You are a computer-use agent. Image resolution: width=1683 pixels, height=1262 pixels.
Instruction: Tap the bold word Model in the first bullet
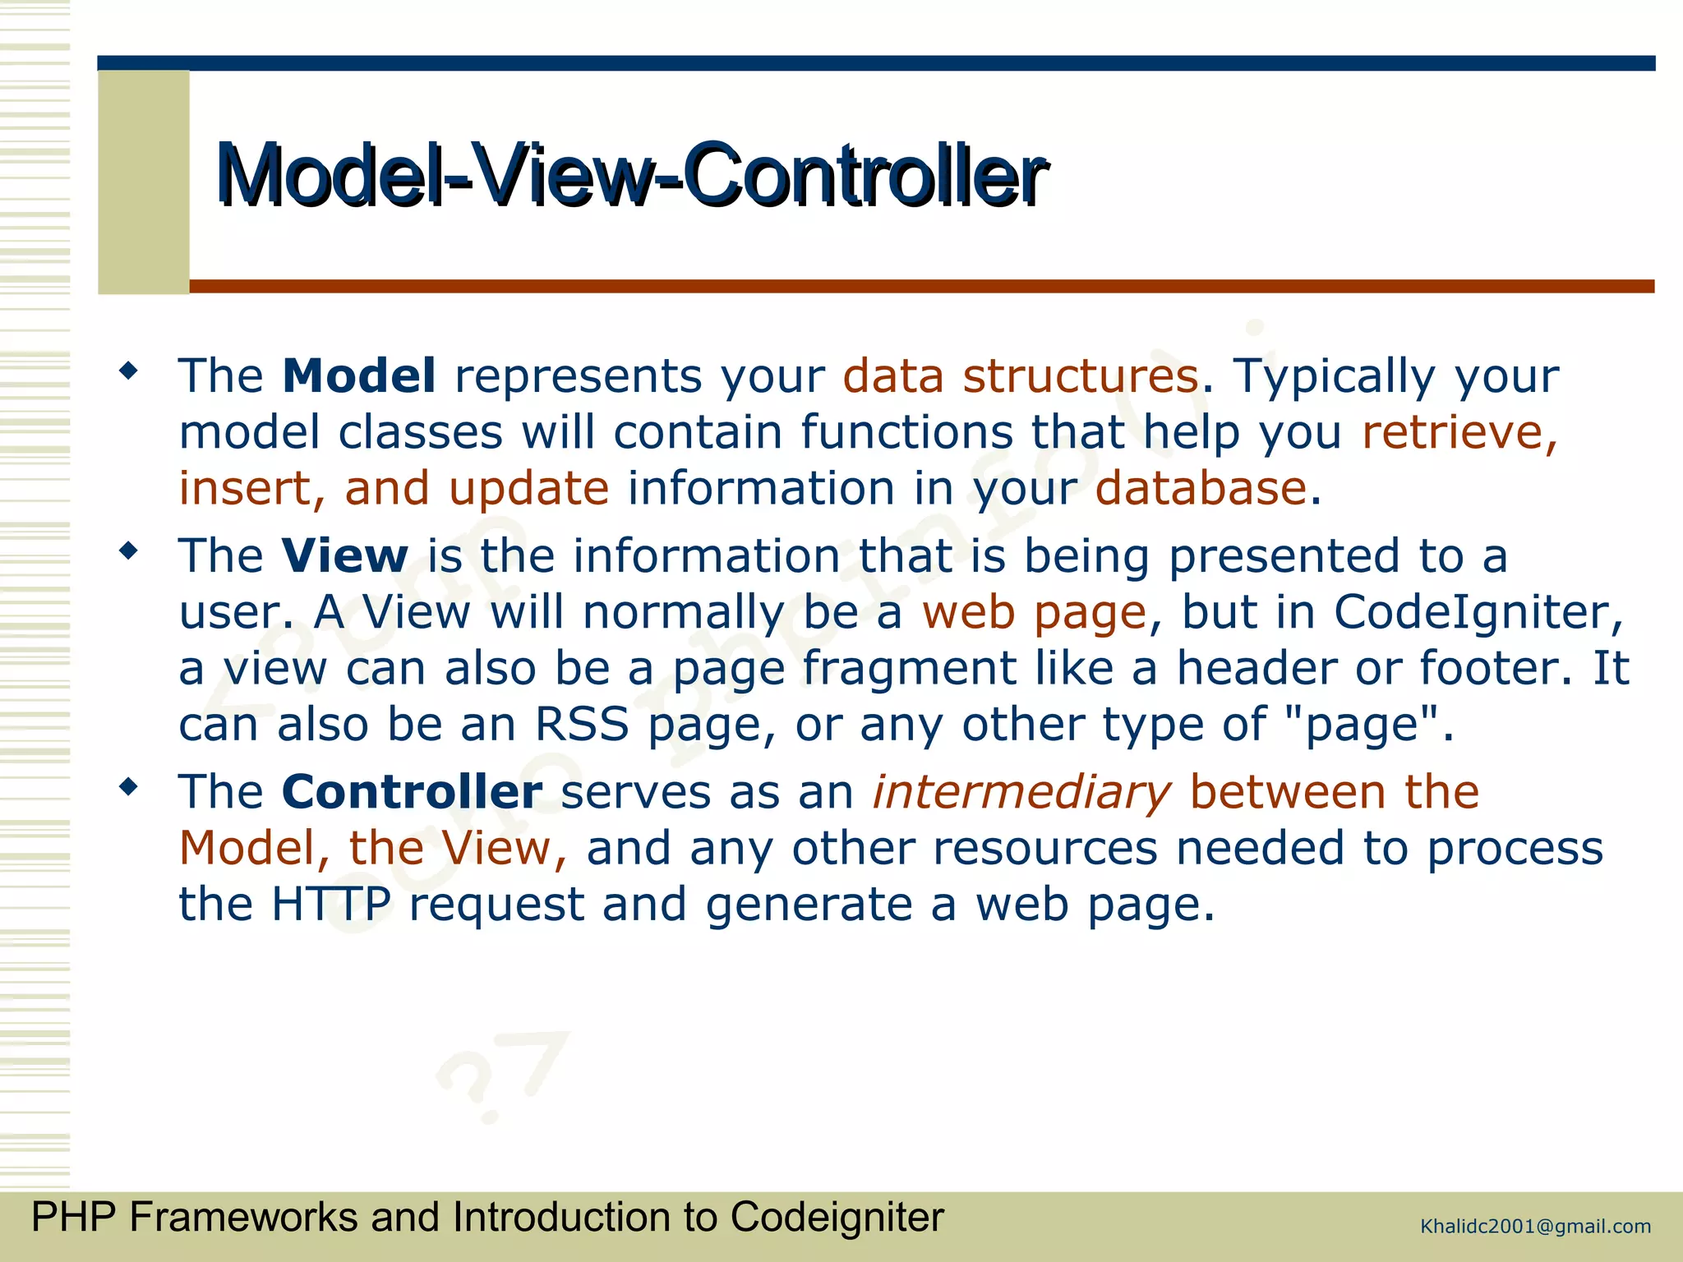coord(359,376)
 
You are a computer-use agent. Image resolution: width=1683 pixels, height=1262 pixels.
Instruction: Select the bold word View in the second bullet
coord(344,556)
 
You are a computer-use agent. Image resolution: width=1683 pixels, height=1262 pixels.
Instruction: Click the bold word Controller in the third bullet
coord(412,792)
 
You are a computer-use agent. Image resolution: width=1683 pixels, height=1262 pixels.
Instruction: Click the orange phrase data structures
coord(1020,377)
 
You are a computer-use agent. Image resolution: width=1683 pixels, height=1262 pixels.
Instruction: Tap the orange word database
coord(1201,489)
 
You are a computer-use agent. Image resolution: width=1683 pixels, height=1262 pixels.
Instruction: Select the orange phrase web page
coord(1034,613)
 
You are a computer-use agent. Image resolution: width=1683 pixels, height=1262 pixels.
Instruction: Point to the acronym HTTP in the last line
coord(331,905)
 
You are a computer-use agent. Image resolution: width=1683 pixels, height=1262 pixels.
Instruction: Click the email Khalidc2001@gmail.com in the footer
coord(1535,1227)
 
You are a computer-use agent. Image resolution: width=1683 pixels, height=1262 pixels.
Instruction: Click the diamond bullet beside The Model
coord(128,371)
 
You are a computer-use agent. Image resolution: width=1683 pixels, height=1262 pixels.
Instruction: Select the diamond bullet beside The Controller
coord(128,788)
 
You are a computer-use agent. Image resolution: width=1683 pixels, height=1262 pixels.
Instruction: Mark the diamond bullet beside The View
coord(128,551)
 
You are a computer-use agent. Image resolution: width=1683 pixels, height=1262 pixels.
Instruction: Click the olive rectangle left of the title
coord(144,182)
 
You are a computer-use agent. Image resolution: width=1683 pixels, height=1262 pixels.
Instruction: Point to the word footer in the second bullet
coord(1489,669)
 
